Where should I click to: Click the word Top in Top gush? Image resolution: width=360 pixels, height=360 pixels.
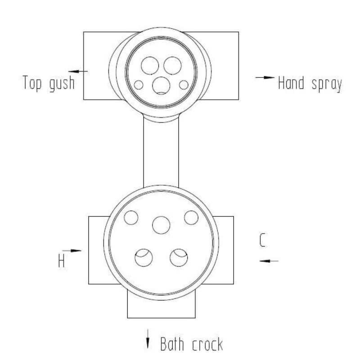coord(32,83)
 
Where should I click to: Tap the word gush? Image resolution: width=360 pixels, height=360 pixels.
coord(62,84)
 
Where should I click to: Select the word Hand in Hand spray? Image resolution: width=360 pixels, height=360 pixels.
coord(291,83)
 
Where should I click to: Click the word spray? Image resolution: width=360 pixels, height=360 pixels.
coord(327,85)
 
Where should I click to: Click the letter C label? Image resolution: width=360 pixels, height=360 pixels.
coord(263,240)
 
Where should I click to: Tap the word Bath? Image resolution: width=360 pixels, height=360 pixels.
coord(172,344)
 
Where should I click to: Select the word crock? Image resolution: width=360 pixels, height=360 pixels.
coord(207,344)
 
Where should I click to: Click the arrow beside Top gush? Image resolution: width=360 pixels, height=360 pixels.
coord(78,72)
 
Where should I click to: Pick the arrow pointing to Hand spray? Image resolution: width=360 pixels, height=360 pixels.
coord(265,77)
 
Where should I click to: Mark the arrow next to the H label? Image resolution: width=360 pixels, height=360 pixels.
coord(72,251)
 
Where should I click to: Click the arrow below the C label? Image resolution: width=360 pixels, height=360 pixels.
coord(269,261)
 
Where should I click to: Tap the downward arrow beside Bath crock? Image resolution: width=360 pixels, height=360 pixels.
coord(148,339)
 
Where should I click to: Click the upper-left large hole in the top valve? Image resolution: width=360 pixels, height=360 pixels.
coord(150,65)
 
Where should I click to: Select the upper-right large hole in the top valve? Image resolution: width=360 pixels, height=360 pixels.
coord(172,65)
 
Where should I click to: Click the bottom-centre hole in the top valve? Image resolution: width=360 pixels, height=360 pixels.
coord(161,85)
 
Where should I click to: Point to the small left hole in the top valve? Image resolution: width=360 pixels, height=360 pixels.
coord(139,85)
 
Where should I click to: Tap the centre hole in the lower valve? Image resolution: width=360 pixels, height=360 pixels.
coord(161,225)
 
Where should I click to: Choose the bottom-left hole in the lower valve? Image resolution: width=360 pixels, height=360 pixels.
coord(144,257)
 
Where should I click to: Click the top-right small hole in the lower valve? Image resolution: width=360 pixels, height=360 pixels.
coord(191,218)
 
